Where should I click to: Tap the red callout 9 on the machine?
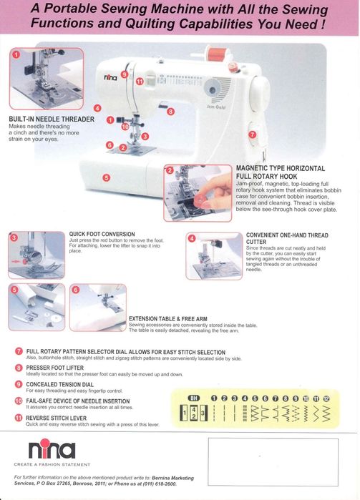point(125,74)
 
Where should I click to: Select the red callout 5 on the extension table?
point(106,177)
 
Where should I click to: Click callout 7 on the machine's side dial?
point(252,134)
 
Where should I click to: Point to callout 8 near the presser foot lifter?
point(170,112)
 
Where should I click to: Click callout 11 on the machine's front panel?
point(140,82)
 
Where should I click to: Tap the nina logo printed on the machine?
point(110,77)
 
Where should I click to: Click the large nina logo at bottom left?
point(52,450)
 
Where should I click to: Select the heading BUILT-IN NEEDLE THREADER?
point(51,118)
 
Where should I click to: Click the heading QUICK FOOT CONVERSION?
point(102,234)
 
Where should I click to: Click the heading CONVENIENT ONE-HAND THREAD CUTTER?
point(287,238)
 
